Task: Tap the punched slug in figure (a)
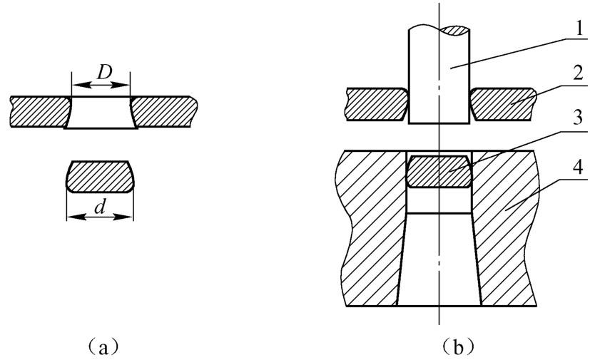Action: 100,178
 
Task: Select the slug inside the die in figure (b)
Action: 438,172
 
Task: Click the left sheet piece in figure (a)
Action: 39,108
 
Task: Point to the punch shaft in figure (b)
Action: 438,78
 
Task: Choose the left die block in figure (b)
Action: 371,228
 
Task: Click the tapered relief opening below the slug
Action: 438,264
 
